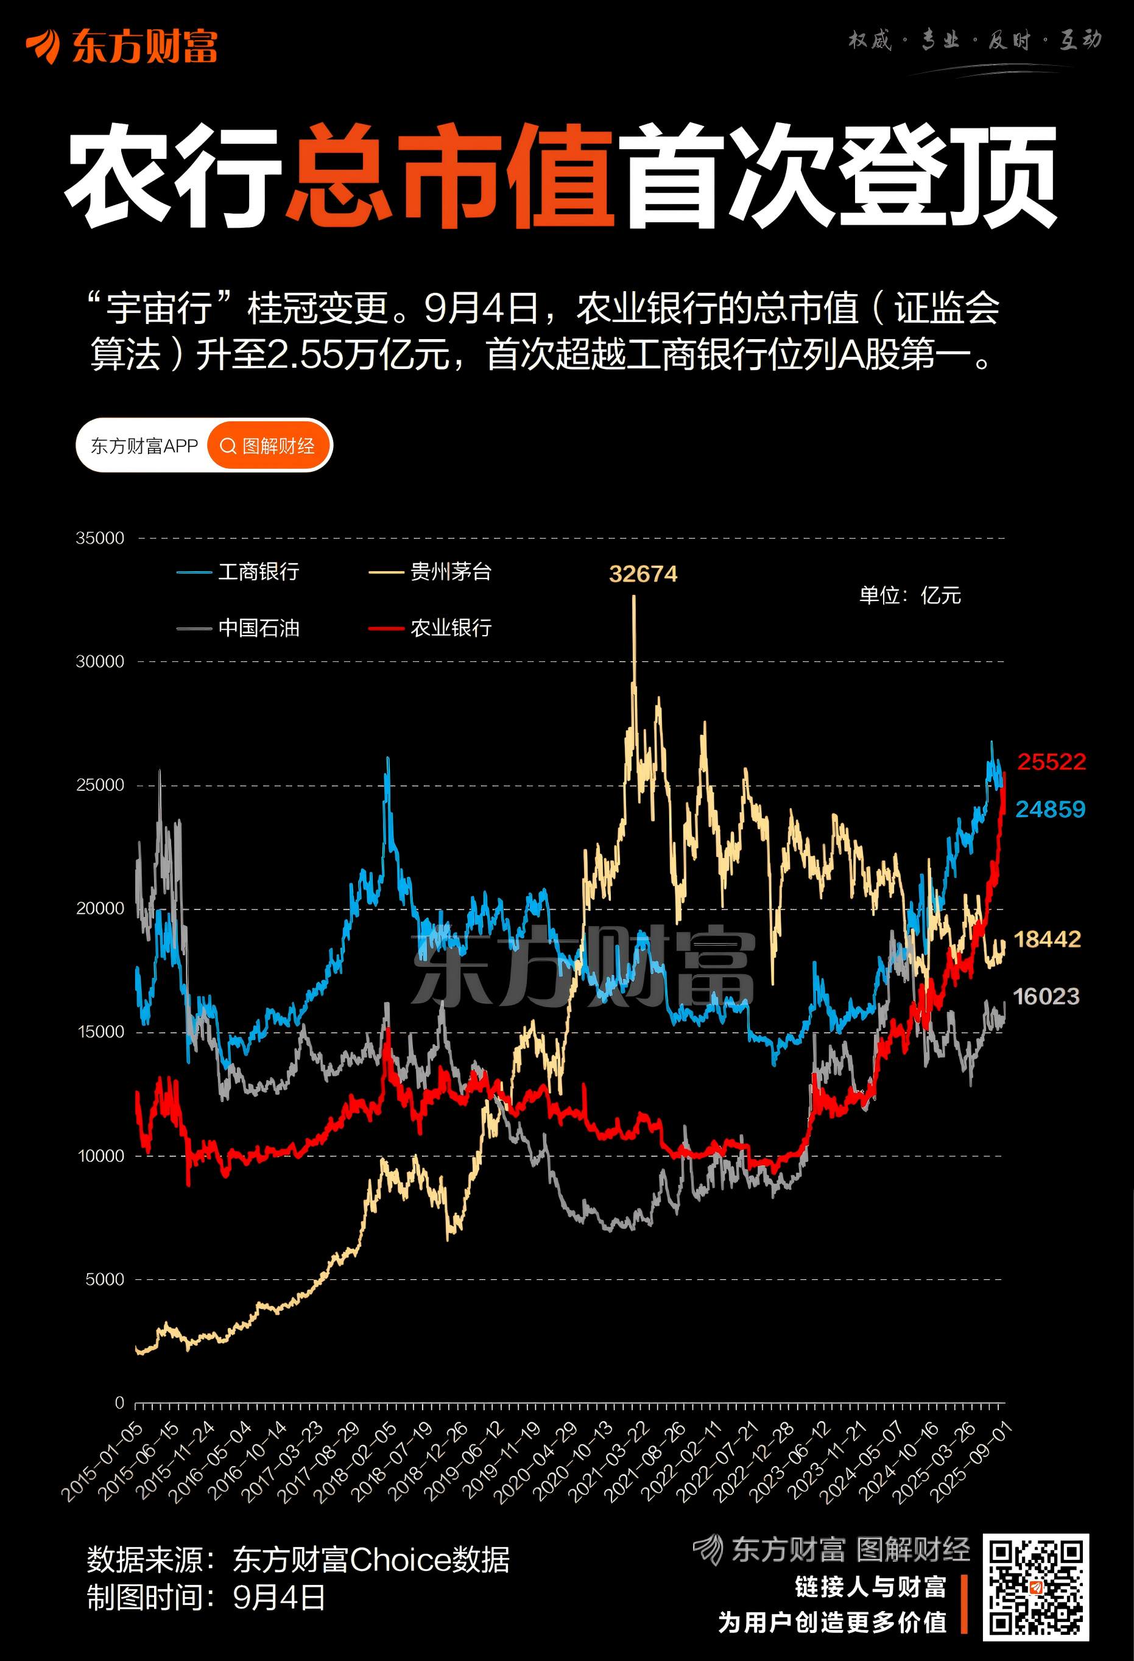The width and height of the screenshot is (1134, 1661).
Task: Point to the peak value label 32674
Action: [x=643, y=574]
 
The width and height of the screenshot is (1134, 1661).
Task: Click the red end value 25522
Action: [x=1051, y=762]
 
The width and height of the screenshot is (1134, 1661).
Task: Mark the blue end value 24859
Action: [x=1049, y=809]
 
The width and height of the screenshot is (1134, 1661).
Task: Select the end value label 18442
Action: [x=1047, y=939]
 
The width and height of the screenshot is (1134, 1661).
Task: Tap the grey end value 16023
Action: [x=1046, y=996]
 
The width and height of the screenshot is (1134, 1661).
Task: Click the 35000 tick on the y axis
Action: [x=100, y=538]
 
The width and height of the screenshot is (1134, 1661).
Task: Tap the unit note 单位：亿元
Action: [x=909, y=595]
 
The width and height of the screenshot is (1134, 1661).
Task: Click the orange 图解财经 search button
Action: [x=269, y=446]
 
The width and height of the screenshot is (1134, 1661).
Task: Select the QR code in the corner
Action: [x=1035, y=1587]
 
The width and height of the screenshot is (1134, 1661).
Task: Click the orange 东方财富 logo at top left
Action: [x=122, y=47]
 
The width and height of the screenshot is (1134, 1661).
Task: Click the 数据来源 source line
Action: [x=298, y=1559]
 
